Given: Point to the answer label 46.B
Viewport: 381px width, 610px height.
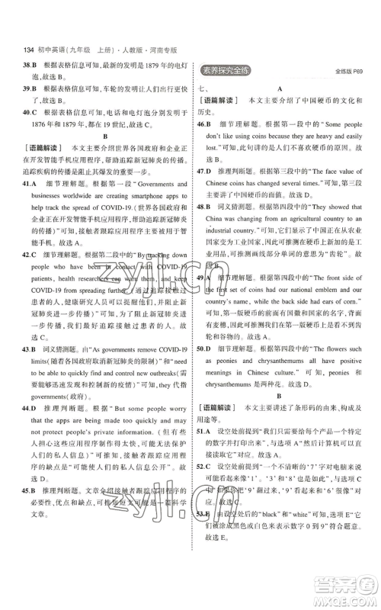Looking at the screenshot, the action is point(203,123).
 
